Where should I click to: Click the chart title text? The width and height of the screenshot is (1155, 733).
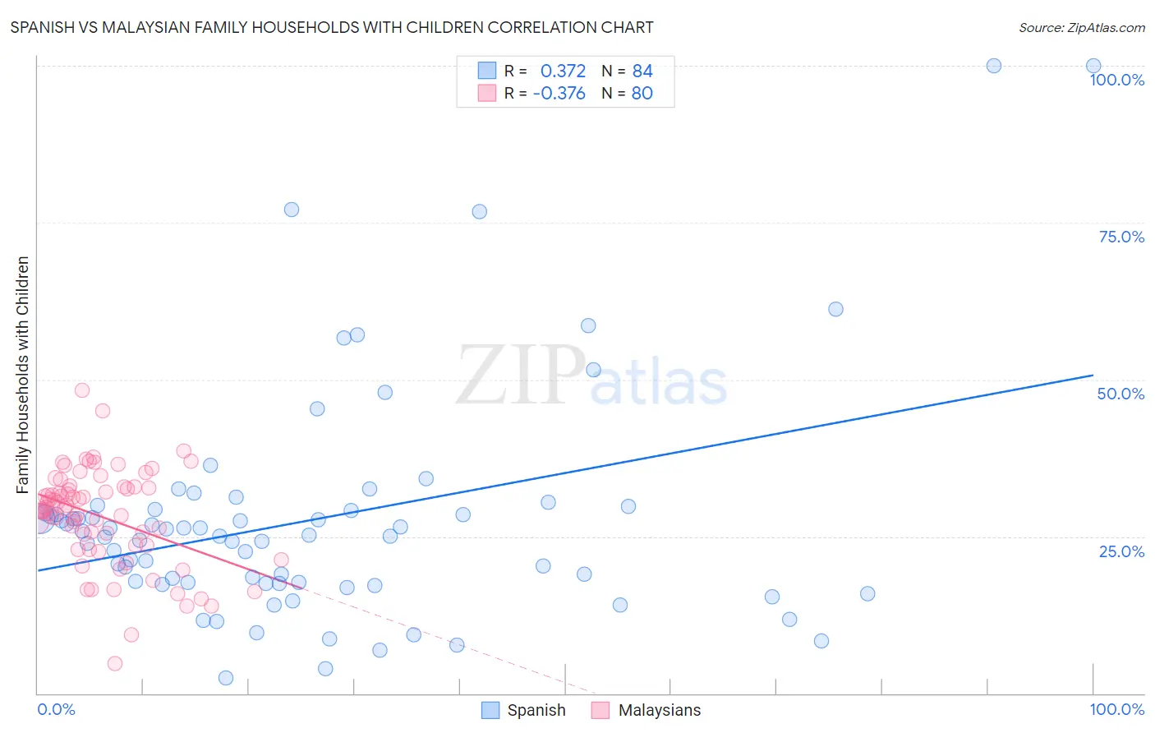point(332,27)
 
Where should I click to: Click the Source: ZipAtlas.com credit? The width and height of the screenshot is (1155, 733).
point(1081,28)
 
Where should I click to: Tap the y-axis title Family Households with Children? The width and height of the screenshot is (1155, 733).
point(23,375)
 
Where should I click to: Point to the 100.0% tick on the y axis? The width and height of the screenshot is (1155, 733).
point(1116,80)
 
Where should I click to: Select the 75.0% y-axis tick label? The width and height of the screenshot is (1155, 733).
point(1121,237)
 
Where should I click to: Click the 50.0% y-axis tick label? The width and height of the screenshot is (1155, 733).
point(1120,394)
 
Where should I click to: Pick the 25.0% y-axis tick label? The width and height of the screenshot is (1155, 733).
point(1121,551)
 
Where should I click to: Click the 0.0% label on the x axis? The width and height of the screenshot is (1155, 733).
point(56,709)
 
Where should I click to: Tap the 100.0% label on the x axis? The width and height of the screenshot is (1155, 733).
point(1116,709)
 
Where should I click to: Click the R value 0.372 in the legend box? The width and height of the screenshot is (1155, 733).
point(563,71)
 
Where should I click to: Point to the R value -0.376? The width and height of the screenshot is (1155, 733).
point(559,94)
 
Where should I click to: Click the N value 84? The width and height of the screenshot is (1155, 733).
point(642,71)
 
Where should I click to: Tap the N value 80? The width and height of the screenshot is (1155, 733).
point(642,94)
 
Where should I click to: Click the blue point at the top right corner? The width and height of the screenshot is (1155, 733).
point(1093,66)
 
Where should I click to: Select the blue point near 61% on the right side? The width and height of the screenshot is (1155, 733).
point(835,309)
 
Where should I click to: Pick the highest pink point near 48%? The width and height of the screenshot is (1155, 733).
point(82,390)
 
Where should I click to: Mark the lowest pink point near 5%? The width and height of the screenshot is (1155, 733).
point(115,663)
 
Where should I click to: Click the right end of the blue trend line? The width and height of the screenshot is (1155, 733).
point(1093,375)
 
